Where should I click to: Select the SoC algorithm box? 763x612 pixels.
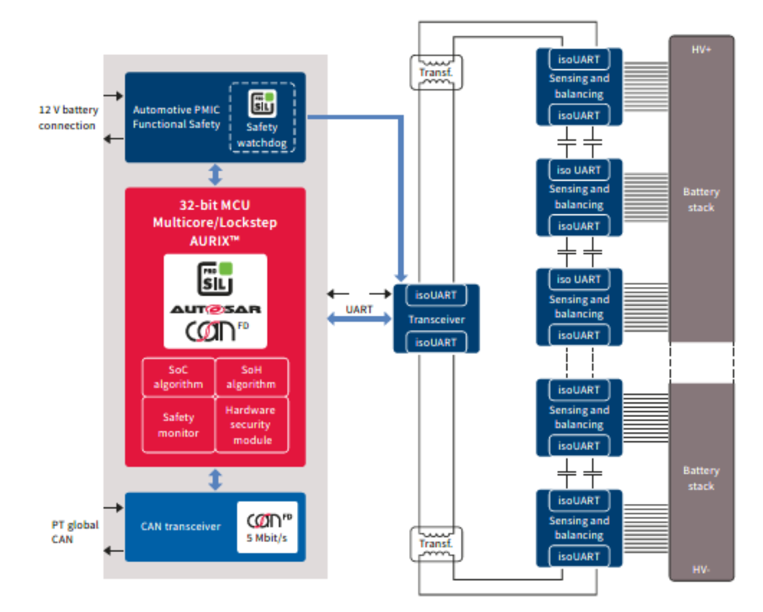[x=179, y=377]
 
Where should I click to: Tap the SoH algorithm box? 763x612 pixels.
[x=251, y=377]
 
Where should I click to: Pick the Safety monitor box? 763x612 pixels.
[x=179, y=424]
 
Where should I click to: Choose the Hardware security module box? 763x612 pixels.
[x=251, y=424]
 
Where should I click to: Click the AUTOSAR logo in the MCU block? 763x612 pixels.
[x=216, y=309]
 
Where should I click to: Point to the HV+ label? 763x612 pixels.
[x=701, y=49]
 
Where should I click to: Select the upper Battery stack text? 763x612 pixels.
[x=701, y=199]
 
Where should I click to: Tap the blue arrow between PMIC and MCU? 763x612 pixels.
[x=216, y=175]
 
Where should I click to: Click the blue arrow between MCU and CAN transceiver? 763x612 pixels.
[x=216, y=479]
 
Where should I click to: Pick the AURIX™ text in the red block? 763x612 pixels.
[x=216, y=237]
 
